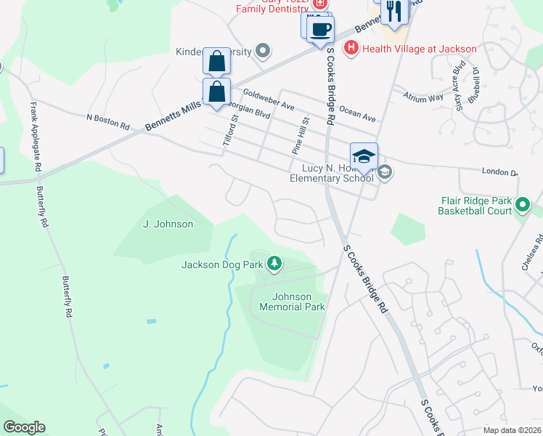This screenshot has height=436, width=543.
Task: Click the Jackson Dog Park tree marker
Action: click(274, 263)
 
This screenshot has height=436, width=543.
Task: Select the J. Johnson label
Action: click(168, 224)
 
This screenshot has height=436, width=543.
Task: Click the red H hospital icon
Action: click(351, 49)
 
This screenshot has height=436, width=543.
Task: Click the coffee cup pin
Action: click(320, 30)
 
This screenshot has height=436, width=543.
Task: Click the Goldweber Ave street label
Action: click(269, 100)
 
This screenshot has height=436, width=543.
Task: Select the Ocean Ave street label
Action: click(358, 114)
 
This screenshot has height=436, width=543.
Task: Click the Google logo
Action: click(24, 427)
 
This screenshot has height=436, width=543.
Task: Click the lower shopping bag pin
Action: click(216, 92)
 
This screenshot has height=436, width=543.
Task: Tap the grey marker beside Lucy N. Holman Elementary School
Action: click(385, 172)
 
